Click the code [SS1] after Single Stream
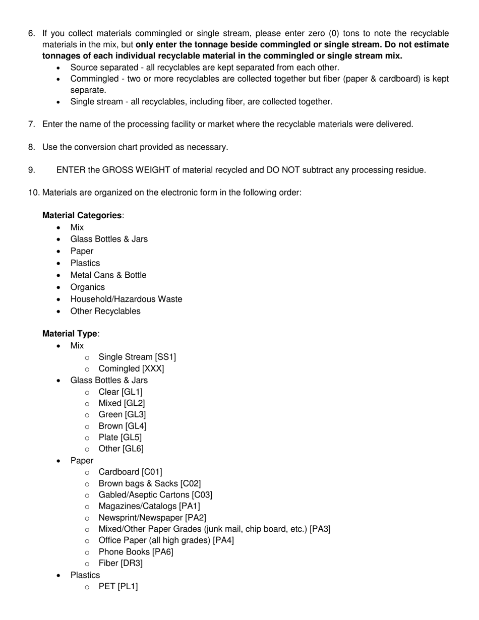pyautogui.click(x=165, y=357)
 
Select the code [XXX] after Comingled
pyautogui.click(x=153, y=368)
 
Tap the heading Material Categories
pyautogui.click(x=82, y=215)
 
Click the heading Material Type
pyautogui.click(x=70, y=334)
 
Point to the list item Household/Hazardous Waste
pyautogui.click(x=126, y=299)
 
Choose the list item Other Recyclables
pyautogui.click(x=105, y=311)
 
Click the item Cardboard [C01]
pyautogui.click(x=130, y=472)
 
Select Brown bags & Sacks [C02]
pyautogui.click(x=149, y=483)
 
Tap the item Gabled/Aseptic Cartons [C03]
pyautogui.click(x=155, y=495)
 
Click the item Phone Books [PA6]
pyautogui.click(x=136, y=552)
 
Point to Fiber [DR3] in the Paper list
pyautogui.click(x=121, y=563)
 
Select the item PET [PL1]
pyautogui.click(x=118, y=586)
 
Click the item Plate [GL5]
pyautogui.click(x=120, y=437)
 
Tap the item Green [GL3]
pyautogui.click(x=122, y=414)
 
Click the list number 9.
pyautogui.click(x=32, y=170)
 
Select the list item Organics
pyautogui.click(x=88, y=287)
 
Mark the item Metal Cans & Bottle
pyautogui.click(x=108, y=275)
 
